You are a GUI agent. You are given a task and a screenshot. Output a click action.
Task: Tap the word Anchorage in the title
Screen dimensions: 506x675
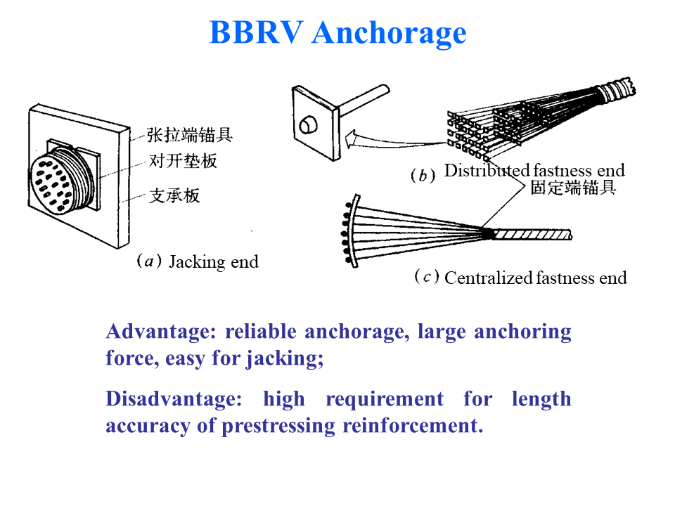(x=389, y=33)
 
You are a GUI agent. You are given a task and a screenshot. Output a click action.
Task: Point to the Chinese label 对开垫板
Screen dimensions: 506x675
(x=183, y=161)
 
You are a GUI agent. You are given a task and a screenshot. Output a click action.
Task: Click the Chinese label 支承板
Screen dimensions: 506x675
(x=174, y=195)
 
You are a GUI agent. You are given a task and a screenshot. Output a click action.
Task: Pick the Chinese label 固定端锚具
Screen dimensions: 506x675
(x=573, y=188)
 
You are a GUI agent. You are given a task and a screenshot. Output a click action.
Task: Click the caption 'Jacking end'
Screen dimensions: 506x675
(x=214, y=263)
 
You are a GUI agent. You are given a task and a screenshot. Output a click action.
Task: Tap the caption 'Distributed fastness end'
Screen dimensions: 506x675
(x=534, y=170)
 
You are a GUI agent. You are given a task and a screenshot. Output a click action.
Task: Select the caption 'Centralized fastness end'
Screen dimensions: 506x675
(x=535, y=278)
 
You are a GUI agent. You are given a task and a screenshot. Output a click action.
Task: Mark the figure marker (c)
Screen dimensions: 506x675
(x=427, y=277)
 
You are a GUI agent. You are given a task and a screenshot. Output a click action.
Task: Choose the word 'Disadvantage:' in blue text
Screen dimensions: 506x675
(x=174, y=399)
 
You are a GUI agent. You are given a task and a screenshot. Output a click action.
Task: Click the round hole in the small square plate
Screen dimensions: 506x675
(x=307, y=126)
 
